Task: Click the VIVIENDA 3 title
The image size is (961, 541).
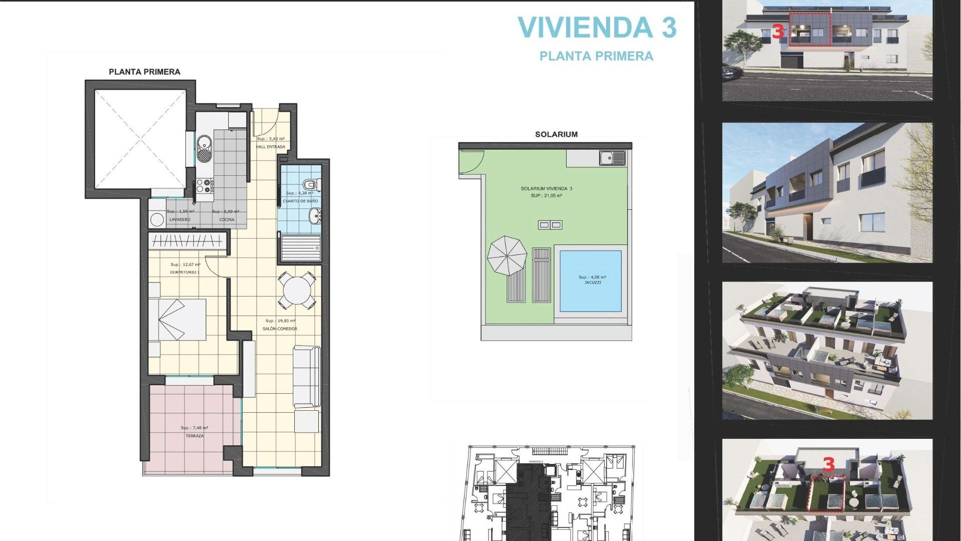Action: point(597,28)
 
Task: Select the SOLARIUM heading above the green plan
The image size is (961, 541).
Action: point(556,134)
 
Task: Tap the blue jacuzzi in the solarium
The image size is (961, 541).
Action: point(591,281)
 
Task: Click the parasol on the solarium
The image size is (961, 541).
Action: point(507,255)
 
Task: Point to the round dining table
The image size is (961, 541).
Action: point(297,290)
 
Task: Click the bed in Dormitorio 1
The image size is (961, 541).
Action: point(178,320)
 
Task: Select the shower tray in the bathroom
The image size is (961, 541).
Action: point(300,248)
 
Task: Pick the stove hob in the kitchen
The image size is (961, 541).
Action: point(205,186)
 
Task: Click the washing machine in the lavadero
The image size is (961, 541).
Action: point(158,219)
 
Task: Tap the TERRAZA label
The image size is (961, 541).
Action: point(195,436)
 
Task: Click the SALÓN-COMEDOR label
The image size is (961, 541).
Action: point(280,329)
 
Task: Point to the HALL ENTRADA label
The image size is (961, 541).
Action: point(270,147)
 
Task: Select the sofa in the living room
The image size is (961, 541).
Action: point(306,376)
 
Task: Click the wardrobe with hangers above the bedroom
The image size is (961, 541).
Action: point(188,241)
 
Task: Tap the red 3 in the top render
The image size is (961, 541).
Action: point(777,32)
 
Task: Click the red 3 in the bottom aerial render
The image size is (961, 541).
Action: point(828,464)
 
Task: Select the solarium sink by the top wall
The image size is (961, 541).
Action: point(612,158)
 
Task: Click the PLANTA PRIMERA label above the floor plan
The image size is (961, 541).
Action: point(144,72)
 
